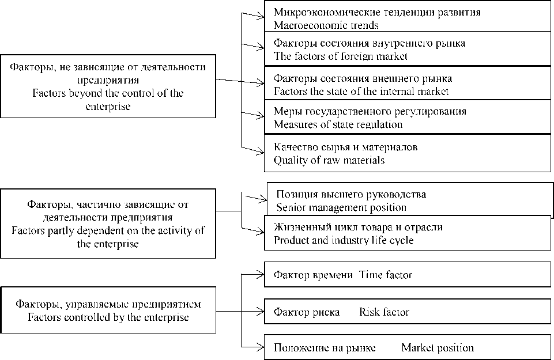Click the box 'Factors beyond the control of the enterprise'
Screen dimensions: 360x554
108,86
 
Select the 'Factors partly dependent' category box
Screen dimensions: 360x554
108,224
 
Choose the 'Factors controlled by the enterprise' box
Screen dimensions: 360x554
108,310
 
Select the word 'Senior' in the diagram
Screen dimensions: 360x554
290,208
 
